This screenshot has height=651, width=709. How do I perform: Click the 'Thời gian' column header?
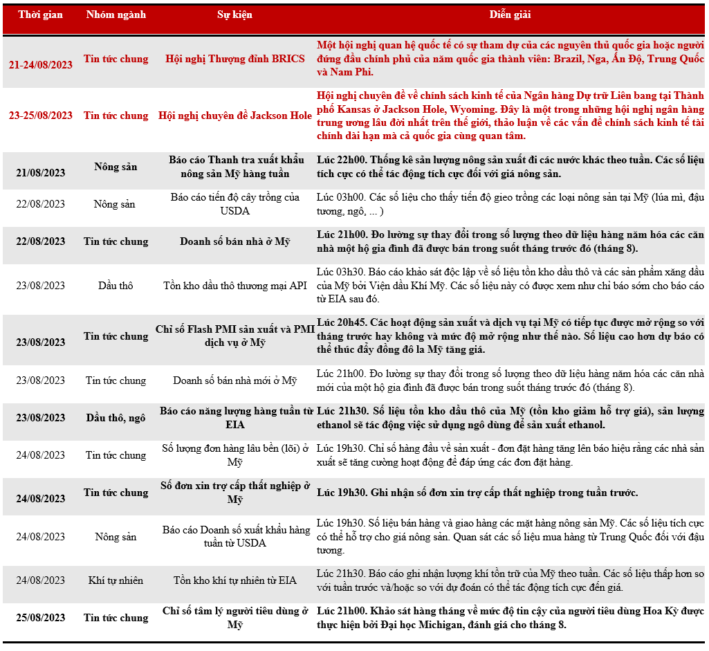pyautogui.click(x=40, y=15)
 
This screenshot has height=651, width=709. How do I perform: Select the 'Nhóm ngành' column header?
pyautogui.click(x=116, y=15)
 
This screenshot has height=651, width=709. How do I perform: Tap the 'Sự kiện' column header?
pyautogui.click(x=234, y=15)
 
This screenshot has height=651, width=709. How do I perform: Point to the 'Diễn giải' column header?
pyautogui.click(x=510, y=15)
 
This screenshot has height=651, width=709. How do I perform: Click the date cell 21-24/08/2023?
pyautogui.click(x=40, y=65)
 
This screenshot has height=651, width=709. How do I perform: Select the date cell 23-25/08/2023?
pyautogui.click(x=40, y=116)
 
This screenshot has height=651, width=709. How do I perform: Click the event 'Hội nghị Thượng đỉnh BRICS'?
pyautogui.click(x=234, y=59)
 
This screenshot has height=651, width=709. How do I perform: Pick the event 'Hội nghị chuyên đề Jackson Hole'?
pyautogui.click(x=234, y=116)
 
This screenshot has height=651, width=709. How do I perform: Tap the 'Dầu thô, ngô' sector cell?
pyautogui.click(x=116, y=418)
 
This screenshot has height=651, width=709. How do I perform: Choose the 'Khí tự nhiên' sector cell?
pyautogui.click(x=116, y=580)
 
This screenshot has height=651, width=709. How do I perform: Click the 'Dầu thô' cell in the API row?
pyautogui.click(x=116, y=285)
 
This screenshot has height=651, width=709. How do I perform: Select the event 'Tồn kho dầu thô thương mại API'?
pyautogui.click(x=234, y=285)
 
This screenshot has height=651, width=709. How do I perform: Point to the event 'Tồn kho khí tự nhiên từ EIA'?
pyautogui.click(x=234, y=580)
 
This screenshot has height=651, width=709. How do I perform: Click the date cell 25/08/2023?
pyautogui.click(x=40, y=618)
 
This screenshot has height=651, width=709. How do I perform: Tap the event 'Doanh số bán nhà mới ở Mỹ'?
pyautogui.click(x=234, y=380)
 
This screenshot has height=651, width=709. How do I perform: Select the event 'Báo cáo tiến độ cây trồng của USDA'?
pyautogui.click(x=234, y=204)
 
